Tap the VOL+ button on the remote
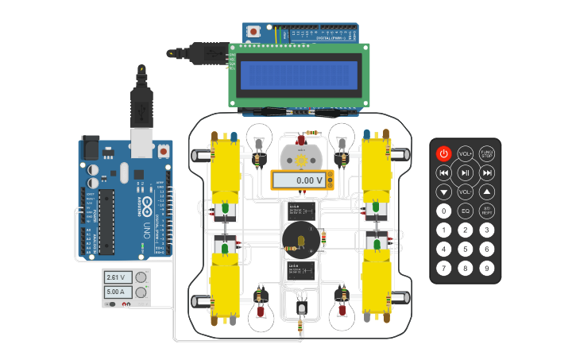pyautogui.click(x=466, y=153)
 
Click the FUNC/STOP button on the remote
pyautogui.click(x=487, y=153)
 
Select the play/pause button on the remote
pyautogui.click(x=466, y=172)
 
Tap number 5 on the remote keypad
pyautogui.click(x=466, y=249)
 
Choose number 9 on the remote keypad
pyautogui.click(x=487, y=268)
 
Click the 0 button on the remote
pyautogui.click(x=444, y=211)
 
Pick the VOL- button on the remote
pyautogui.click(x=466, y=192)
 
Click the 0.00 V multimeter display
pyautogui.click(x=302, y=180)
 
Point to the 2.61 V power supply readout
pyautogui.click(x=117, y=277)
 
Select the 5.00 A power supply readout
pyautogui.click(x=117, y=292)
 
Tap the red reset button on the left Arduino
pyautogui.click(x=164, y=149)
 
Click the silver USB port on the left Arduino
pyautogui.click(x=141, y=141)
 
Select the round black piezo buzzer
pyautogui.click(x=301, y=238)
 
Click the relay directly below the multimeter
pyautogui.click(x=302, y=211)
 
